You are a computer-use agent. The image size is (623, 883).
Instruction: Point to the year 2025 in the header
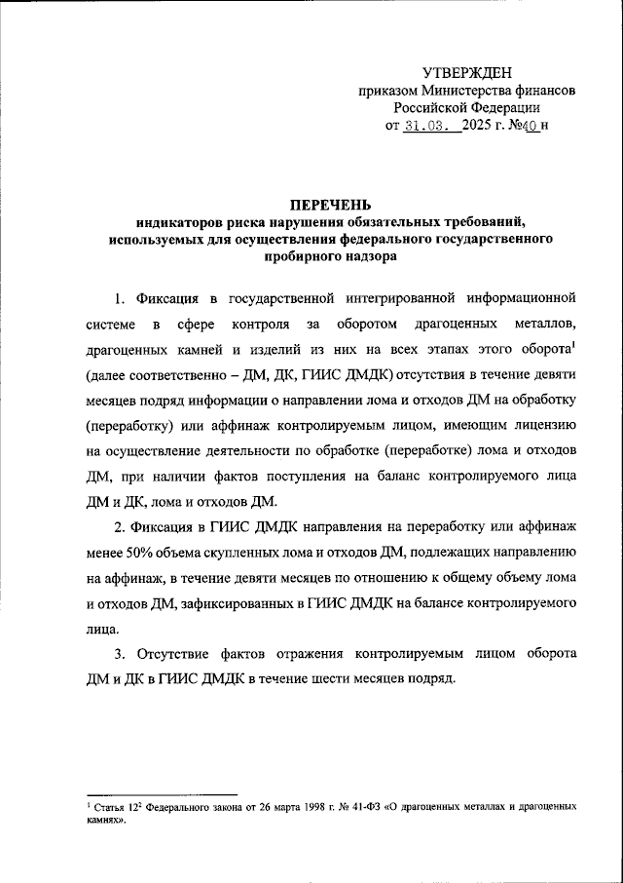(x=474, y=125)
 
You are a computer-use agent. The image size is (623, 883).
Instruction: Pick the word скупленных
(x=219, y=553)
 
